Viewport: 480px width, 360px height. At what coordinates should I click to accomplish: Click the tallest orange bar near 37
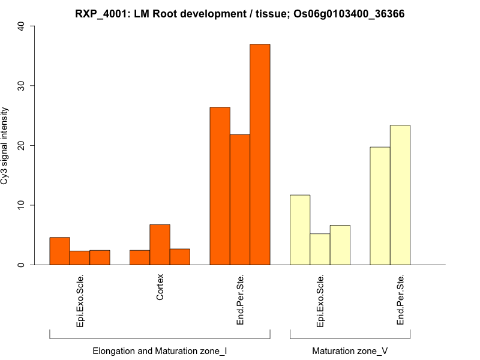[260, 154]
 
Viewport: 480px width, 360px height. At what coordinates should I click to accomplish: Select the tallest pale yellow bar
[400, 195]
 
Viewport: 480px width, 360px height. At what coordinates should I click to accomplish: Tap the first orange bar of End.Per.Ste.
[220, 186]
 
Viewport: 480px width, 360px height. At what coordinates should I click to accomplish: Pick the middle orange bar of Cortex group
[160, 245]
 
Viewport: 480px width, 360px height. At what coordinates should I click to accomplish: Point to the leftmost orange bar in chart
[59, 251]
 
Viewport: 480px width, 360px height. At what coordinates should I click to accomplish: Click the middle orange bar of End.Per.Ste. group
[240, 200]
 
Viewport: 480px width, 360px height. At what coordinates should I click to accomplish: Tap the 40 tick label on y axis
[22, 26]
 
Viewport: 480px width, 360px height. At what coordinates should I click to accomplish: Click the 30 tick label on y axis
[22, 86]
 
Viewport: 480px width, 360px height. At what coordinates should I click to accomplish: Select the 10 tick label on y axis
[22, 205]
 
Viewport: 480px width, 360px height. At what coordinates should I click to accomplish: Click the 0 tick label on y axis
[22, 265]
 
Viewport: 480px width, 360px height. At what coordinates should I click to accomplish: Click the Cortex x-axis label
[160, 288]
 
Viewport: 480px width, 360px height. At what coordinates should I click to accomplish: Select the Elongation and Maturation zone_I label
[160, 350]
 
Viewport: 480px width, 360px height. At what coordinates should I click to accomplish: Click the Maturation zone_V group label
[350, 350]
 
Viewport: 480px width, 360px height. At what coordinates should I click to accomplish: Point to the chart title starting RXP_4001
[240, 13]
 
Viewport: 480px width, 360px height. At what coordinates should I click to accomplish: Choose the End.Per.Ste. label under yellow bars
[400, 300]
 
